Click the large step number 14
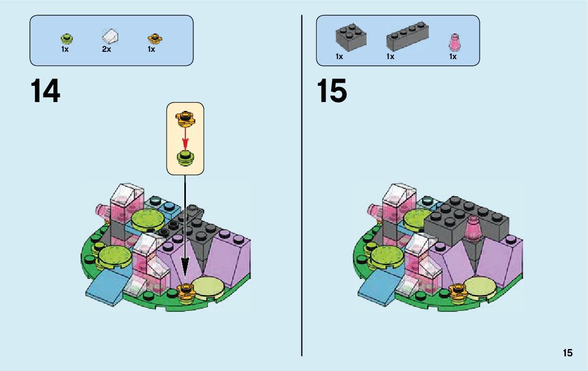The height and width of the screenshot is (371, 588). pos(46,91)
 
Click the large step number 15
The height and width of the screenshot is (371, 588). pos(331,91)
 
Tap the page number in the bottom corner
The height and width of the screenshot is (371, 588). pos(568,353)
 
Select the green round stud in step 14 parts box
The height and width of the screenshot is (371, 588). pos(66,38)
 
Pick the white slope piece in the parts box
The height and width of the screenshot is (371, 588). pos(110,37)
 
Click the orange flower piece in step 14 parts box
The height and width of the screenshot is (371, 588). pos(154,38)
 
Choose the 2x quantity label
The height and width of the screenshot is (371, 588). pos(107,50)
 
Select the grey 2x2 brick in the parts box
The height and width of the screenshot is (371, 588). pos(350,37)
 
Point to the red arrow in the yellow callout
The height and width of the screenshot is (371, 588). pos(185,138)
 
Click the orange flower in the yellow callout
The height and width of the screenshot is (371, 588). pos(185,117)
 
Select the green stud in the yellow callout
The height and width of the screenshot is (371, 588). pos(185,156)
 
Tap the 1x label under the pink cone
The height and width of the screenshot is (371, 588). pos(453,57)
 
